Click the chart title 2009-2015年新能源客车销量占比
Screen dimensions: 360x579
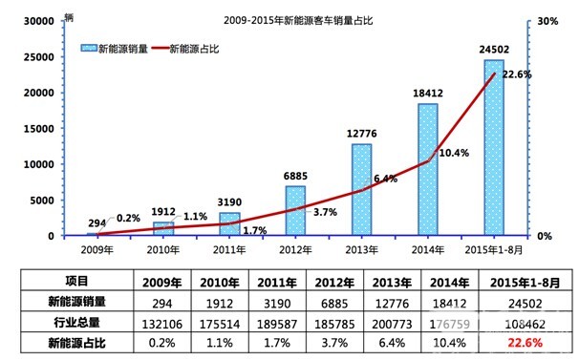(289, 19)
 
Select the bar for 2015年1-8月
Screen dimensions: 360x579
(494, 147)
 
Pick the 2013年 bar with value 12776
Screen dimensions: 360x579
(361, 189)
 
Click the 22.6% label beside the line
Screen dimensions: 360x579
(517, 74)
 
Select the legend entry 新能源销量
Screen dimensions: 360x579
(122, 46)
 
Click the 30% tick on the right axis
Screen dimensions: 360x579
(542, 21)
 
